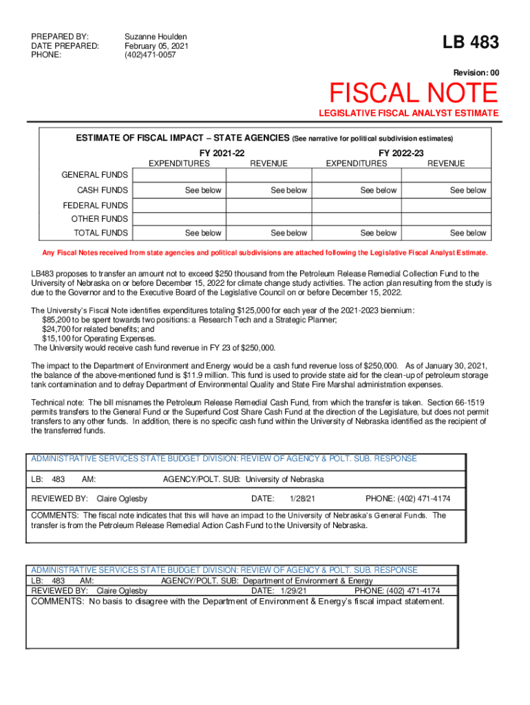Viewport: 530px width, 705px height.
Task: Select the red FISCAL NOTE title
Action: pyautogui.click(x=414, y=93)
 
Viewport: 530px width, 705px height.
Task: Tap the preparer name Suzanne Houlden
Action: pyautogui.click(x=156, y=36)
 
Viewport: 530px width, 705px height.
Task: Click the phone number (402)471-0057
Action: pyautogui.click(x=150, y=55)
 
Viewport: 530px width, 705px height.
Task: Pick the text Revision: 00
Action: pyautogui.click(x=476, y=73)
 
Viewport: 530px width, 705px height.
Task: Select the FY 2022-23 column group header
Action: pyautogui.click(x=401, y=152)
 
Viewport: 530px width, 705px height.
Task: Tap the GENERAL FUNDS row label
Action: pyautogui.click(x=95, y=175)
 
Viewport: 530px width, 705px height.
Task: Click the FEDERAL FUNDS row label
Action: pyautogui.click(x=96, y=205)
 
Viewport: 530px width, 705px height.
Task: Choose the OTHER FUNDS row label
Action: pyautogui.click(x=99, y=219)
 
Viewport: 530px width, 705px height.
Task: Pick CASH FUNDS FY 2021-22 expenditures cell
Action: pyautogui.click(x=179, y=190)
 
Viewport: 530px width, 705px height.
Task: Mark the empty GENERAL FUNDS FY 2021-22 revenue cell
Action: pyautogui.click(x=268, y=175)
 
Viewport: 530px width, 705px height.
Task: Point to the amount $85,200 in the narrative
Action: pyautogui.click(x=56, y=320)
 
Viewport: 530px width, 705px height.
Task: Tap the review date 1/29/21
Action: pyautogui.click(x=293, y=591)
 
